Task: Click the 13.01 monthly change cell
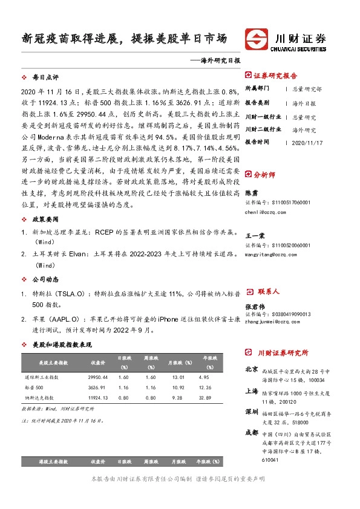point(178,376)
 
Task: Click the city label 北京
point(252,368)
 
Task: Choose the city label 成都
point(252,433)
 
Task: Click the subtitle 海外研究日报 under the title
point(220,61)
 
